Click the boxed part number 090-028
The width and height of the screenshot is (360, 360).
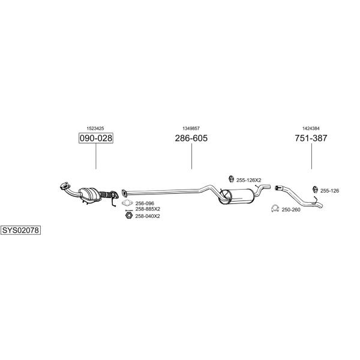(x=96, y=138)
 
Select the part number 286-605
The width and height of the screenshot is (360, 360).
(x=191, y=138)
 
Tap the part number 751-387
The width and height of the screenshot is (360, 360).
(x=311, y=138)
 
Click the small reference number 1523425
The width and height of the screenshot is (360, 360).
(x=95, y=128)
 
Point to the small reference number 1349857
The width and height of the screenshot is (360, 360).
(x=191, y=128)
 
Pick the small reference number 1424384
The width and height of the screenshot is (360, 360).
(x=311, y=128)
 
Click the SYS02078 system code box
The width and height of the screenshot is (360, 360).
(x=20, y=230)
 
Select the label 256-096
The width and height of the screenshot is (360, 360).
(x=145, y=203)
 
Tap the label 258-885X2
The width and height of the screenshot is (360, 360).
(x=148, y=209)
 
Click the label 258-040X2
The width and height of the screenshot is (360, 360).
(x=148, y=216)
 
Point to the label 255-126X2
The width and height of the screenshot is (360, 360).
(x=248, y=180)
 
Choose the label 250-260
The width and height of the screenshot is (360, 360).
(x=291, y=209)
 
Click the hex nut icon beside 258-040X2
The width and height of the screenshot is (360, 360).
(x=129, y=215)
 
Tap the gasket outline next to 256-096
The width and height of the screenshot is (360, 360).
(x=127, y=203)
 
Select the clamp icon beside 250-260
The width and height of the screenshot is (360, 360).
(x=275, y=208)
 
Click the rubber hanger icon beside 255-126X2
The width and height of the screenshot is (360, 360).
(x=231, y=179)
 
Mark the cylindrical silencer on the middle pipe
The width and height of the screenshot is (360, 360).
(x=236, y=196)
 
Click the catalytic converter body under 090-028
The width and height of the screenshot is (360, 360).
(x=90, y=194)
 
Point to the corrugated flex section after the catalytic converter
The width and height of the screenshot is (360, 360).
(x=106, y=195)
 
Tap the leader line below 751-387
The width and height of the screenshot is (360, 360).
(x=311, y=156)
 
